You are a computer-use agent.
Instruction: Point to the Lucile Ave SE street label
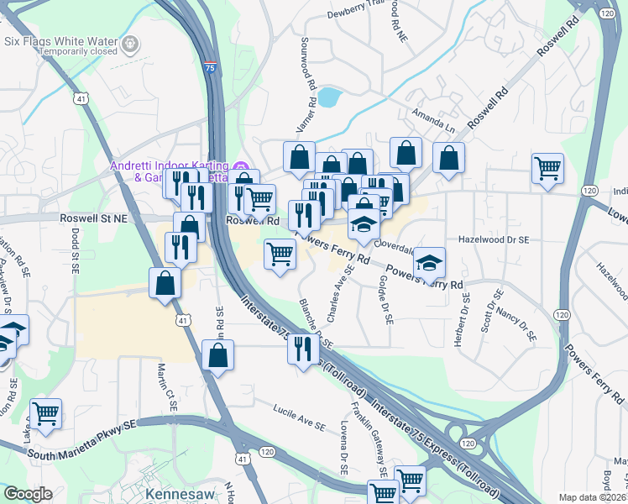click(299, 417)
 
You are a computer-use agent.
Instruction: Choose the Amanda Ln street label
click(433, 120)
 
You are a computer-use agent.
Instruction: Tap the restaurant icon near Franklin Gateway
click(302, 348)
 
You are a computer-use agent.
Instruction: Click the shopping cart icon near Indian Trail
click(547, 167)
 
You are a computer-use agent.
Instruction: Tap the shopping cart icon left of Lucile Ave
click(46, 412)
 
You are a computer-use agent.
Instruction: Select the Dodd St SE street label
click(74, 249)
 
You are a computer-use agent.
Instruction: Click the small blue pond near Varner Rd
click(328, 97)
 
